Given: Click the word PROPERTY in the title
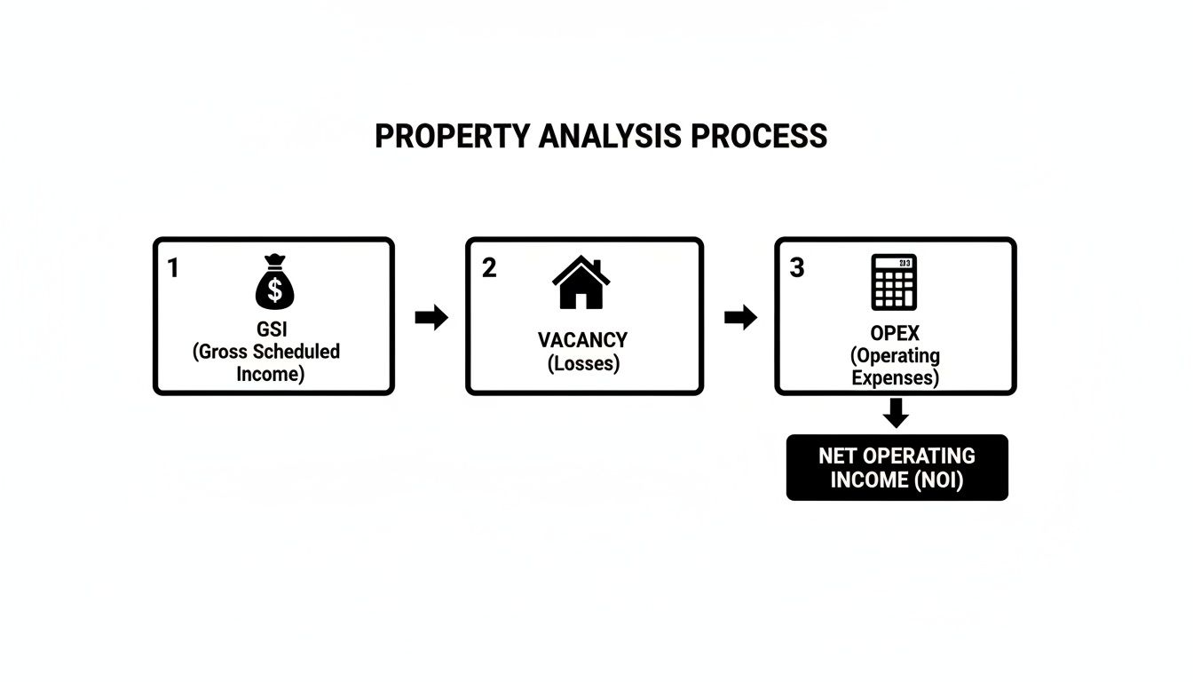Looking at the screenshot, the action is point(452,136).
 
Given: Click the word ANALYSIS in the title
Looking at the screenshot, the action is point(609,136).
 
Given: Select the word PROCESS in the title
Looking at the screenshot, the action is point(758,136).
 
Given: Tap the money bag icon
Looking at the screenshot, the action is point(275,282).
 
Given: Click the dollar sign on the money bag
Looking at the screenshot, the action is point(275,289).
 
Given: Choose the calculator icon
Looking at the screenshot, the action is point(894,282).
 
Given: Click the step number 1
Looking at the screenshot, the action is point(172,267).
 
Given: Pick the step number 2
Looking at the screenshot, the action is point(489,267).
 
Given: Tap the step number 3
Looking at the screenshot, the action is point(797,267).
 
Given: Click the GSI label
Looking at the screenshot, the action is point(272,329).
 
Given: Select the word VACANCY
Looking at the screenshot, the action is point(582,340).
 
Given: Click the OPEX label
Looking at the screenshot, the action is point(895,333).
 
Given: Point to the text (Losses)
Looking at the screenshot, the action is point(584,363).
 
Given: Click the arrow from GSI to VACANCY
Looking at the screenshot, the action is point(431,318).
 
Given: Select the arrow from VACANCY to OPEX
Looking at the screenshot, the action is point(740,318).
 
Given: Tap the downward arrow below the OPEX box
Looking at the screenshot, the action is point(896,413).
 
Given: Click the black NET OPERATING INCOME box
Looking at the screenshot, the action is point(897,467).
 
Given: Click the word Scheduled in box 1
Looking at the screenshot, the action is point(296,352).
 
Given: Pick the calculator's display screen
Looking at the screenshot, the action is point(894,263).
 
